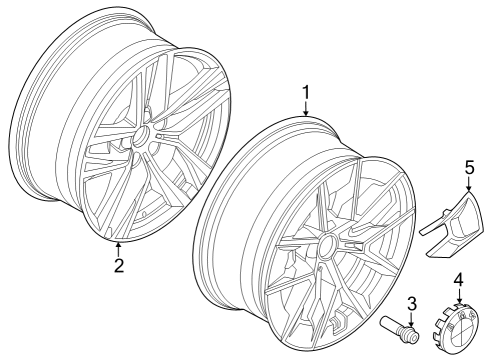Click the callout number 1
[x=307, y=94]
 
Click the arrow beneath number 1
[x=307, y=110]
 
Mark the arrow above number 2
[x=118, y=249]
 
